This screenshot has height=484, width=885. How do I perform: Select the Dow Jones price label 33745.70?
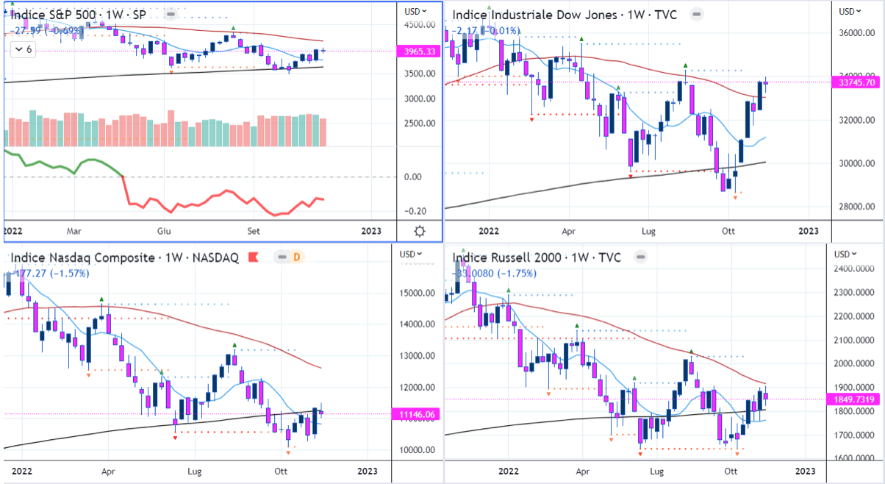coord(859,83)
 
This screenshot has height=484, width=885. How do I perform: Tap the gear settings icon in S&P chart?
coord(420,231)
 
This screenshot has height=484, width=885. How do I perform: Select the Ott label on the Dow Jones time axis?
coord(728,230)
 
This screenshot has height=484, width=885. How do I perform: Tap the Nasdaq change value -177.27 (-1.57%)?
coord(49,273)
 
